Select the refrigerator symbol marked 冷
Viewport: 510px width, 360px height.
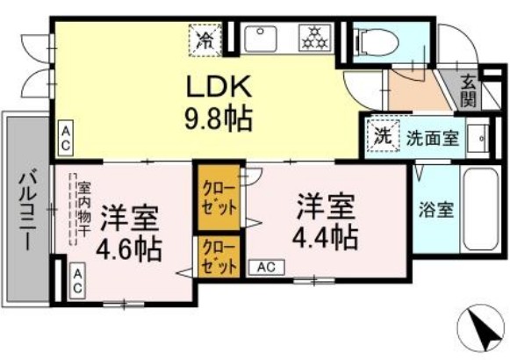[x=204, y=39]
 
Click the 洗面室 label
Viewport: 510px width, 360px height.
[x=431, y=138]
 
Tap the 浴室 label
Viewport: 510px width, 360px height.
[x=436, y=212]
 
